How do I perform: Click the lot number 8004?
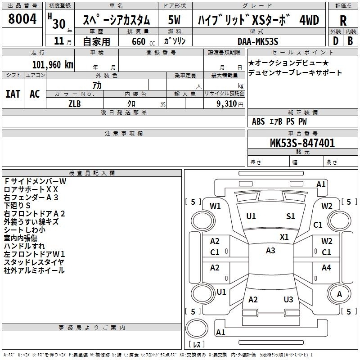22,19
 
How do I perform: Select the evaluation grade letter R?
343,21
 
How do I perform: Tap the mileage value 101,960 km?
53,65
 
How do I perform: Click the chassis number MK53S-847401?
302,143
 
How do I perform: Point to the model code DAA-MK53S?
258,41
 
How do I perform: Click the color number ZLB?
75,104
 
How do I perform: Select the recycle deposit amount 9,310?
227,104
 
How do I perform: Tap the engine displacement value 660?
139,41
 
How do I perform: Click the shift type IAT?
13,94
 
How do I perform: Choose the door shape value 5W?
174,20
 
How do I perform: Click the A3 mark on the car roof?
270,251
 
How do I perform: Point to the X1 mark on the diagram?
284,237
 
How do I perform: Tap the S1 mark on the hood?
290,216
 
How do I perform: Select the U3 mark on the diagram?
288,300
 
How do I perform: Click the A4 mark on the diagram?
326,267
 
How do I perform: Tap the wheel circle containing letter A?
339,294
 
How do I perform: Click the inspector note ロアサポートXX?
31,189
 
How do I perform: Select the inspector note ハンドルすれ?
24,246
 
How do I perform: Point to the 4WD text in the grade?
309,20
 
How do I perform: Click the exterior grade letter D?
336,41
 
